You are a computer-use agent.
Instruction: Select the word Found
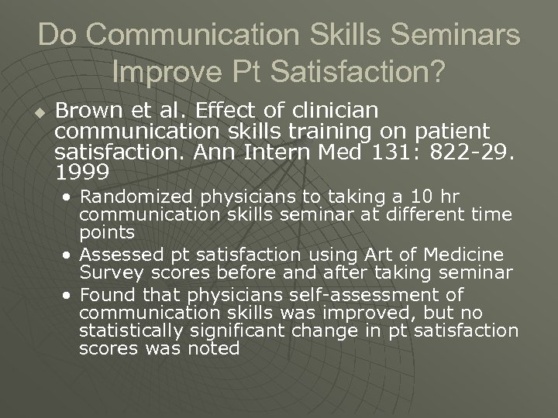click(x=102, y=295)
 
